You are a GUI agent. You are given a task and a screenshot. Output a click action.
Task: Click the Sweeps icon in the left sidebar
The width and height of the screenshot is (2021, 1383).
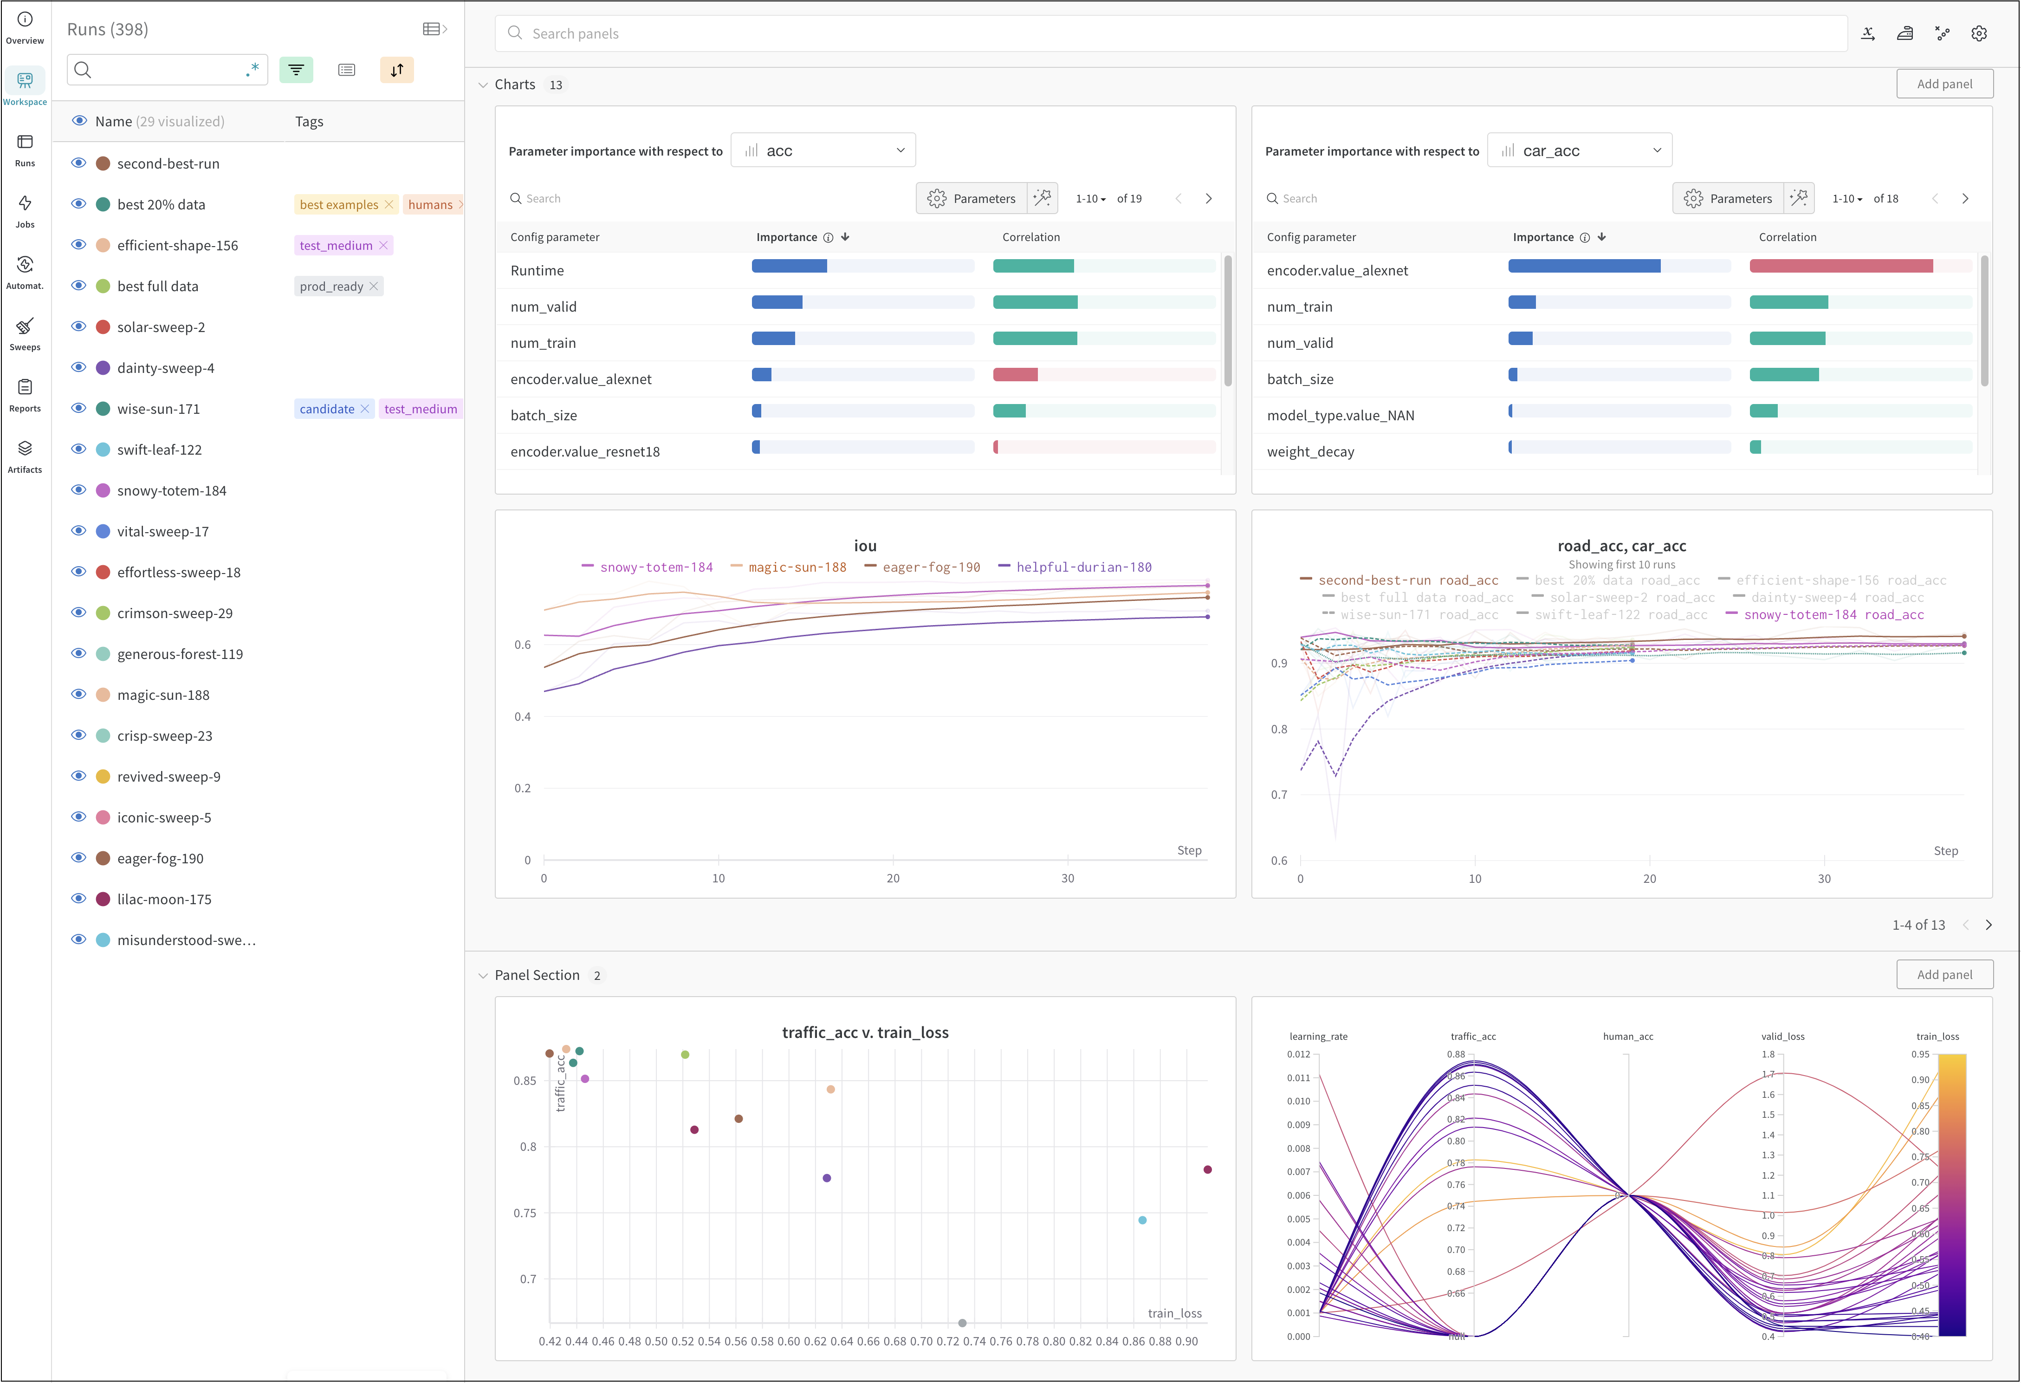[x=24, y=327]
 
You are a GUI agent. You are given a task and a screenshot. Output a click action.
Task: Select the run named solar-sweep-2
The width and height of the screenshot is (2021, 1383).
[x=161, y=327]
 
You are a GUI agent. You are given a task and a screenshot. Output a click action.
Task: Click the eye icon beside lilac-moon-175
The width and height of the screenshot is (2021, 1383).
[x=78, y=899]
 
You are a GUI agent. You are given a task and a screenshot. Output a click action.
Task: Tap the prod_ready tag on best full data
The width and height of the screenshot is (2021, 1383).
[x=331, y=286]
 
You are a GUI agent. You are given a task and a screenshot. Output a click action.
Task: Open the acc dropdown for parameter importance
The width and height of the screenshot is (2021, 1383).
[x=823, y=150]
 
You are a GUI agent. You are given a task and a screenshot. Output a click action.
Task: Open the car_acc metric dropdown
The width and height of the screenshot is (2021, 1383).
[x=1579, y=150]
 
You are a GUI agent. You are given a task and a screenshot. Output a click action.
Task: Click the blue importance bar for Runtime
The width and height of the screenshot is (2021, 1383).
[x=789, y=266]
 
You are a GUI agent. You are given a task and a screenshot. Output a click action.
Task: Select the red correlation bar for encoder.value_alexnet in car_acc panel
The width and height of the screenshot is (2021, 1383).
[x=1840, y=266]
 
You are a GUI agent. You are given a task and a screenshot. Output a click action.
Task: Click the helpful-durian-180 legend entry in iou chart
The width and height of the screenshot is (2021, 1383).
[x=1082, y=567]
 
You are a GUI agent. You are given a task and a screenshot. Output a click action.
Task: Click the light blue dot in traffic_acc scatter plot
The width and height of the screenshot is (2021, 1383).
[x=1142, y=1220]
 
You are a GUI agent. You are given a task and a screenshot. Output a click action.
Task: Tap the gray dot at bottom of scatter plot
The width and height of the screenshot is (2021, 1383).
[x=962, y=1323]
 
